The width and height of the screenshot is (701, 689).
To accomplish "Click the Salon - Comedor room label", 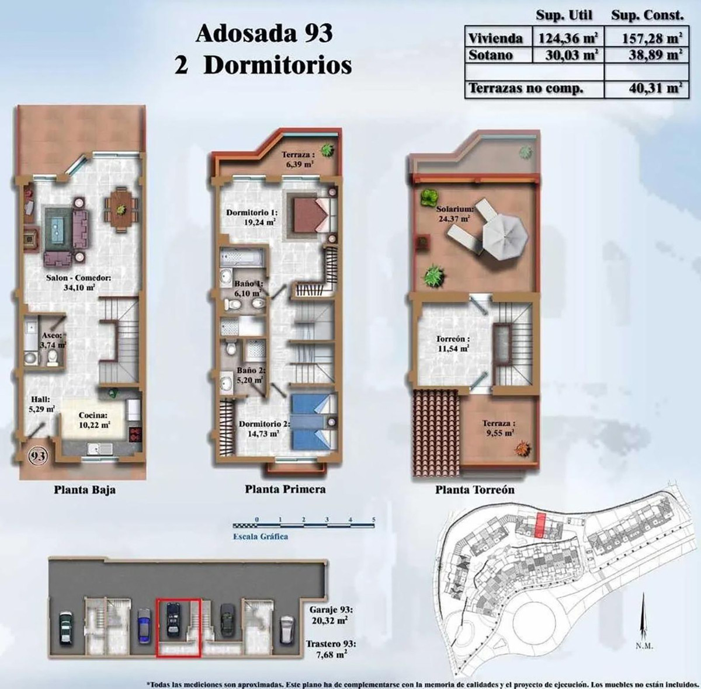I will coord(71,283).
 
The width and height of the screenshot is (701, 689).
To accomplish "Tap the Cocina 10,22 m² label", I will coord(93,420).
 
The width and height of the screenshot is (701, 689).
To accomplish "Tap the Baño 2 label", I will coord(251,375).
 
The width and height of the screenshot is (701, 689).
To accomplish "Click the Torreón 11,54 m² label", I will coord(453,343).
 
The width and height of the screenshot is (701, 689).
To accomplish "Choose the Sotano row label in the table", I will coord(491,55).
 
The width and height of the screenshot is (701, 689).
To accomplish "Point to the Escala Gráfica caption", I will coord(260,537).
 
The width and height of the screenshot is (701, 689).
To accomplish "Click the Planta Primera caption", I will coord(285,489).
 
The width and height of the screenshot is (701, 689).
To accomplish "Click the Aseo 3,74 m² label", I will coord(53,340).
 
